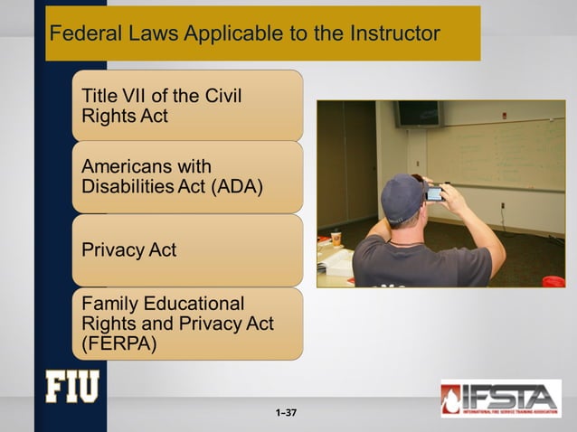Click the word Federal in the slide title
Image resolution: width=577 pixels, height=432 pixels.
point(81,34)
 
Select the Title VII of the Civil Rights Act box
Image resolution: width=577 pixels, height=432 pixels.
point(187,106)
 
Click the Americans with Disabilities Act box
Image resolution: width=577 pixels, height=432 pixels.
point(187,178)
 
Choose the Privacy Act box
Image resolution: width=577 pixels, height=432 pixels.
point(187,250)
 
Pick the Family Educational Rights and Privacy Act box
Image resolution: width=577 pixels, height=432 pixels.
point(187,323)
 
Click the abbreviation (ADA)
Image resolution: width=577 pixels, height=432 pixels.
point(237,189)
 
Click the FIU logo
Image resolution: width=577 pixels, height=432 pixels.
point(72,386)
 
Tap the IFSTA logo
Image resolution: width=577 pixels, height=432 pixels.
point(500,398)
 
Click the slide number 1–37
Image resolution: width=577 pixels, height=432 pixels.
point(288,413)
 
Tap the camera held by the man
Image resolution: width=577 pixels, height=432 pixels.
point(435,193)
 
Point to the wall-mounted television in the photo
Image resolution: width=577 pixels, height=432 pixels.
point(418,113)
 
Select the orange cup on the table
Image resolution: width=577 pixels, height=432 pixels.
point(336,239)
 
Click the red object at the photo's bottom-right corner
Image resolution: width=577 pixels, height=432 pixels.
point(553,281)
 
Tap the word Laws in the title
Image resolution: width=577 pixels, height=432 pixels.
point(148,34)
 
